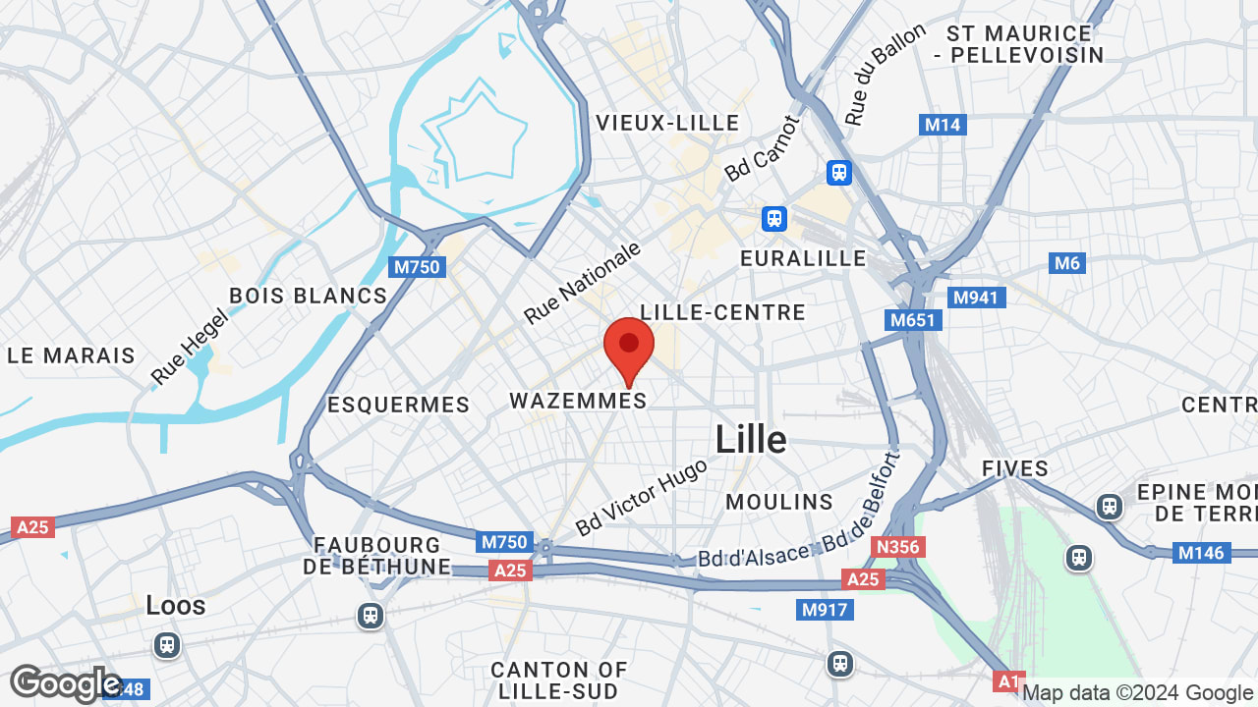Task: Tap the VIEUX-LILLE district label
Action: [x=667, y=123]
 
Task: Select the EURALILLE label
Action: [x=803, y=258]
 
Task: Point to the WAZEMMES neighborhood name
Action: [x=578, y=401]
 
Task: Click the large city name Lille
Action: [x=751, y=439]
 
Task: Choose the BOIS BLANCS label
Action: [x=308, y=296]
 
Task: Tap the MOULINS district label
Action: [x=779, y=502]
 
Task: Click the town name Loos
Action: [x=176, y=605]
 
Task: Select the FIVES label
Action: [x=1015, y=469]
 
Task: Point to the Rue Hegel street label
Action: [x=189, y=346]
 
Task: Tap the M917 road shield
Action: [x=825, y=610]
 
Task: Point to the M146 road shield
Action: [x=1201, y=553]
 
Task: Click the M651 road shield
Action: [x=913, y=320]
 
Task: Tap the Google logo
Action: [x=65, y=683]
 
